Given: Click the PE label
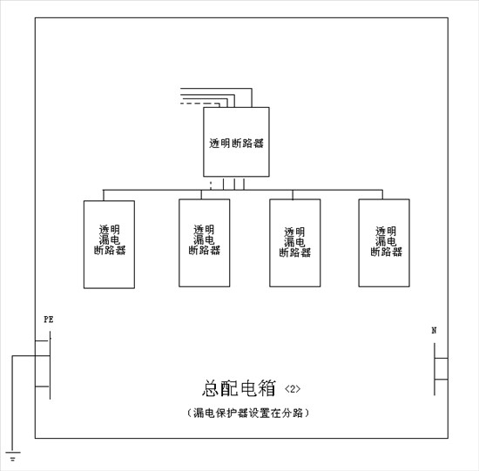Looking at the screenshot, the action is pos(49,320).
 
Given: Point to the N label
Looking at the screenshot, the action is pos(434,331).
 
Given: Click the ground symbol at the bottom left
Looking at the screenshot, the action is pos(12,456).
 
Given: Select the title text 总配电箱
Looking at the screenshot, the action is pos(239,388).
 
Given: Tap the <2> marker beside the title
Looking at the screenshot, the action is pos(293,389).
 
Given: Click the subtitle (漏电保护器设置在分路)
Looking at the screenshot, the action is pos(247,413).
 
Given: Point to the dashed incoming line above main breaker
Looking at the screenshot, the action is pos(200,104).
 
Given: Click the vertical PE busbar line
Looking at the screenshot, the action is pos(51,366).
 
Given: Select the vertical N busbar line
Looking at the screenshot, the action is pos(435,369).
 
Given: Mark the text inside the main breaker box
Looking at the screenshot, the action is pos(236,144).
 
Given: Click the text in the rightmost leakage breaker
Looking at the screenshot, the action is pos(386,241).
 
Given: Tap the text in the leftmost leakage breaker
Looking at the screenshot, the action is pos(110,239).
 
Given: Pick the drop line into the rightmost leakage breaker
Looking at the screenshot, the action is pos(382,194).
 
